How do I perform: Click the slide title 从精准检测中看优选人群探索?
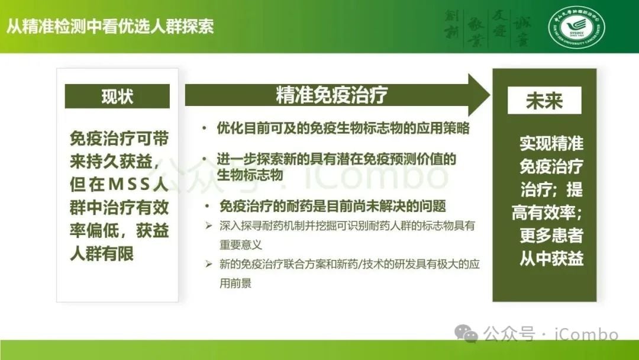[110, 27]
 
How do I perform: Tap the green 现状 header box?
[117, 97]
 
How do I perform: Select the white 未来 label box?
[544, 101]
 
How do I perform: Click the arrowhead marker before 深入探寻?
[208, 226]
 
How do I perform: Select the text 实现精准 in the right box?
[551, 144]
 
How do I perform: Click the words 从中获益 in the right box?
[551, 258]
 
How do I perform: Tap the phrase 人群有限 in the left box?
[102, 253]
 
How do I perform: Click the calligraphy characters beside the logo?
[487, 27]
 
